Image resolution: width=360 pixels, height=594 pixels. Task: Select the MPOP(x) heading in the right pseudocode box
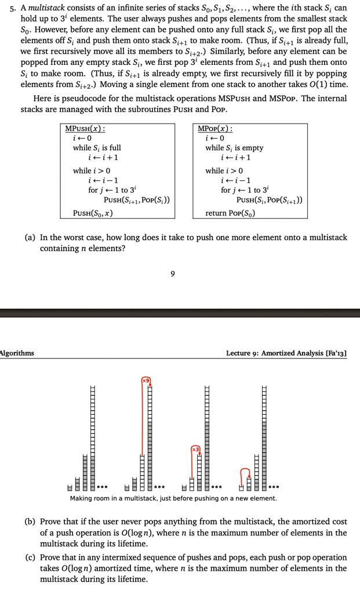[x=216, y=128]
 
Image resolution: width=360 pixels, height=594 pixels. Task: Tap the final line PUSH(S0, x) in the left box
[x=93, y=212]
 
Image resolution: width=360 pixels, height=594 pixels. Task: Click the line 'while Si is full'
[x=97, y=148]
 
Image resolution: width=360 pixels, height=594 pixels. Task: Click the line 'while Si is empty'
[x=234, y=148]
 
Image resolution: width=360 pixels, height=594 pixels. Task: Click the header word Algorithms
[x=17, y=353]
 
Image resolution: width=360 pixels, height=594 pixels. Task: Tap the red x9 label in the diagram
[x=146, y=380]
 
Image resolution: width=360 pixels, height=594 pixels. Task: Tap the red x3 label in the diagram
[x=195, y=450]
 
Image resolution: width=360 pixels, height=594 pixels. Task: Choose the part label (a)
[x=30, y=238]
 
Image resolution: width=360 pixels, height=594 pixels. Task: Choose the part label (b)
[x=30, y=521]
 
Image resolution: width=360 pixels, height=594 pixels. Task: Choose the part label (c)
[x=30, y=557]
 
